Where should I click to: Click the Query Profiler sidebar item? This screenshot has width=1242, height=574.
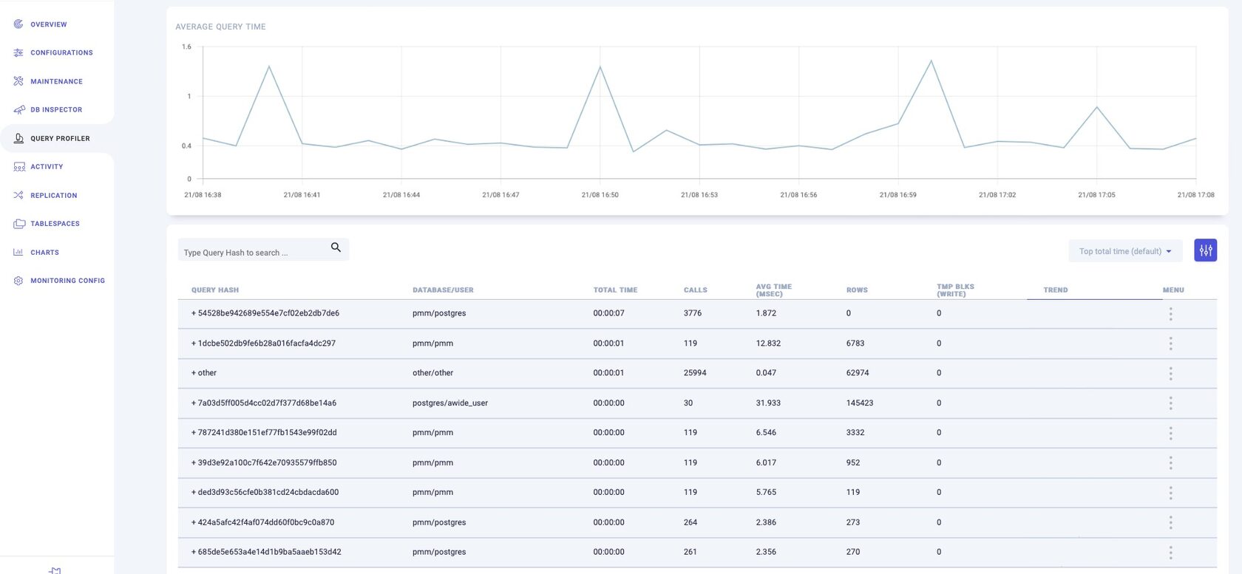(x=59, y=138)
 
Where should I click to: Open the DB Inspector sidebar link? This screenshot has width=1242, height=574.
(x=56, y=109)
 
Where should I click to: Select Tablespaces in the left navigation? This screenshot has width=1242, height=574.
(x=55, y=224)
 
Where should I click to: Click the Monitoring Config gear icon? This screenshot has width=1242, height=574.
(x=18, y=281)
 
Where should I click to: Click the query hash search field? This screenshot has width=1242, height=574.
(x=251, y=252)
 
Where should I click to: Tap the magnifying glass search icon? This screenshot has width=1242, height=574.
(x=336, y=247)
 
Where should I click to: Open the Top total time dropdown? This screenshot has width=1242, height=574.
(x=1124, y=251)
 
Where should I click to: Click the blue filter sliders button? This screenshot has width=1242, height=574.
(x=1205, y=250)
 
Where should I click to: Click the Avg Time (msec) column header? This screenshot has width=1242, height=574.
(x=773, y=290)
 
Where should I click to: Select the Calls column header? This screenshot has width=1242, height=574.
(x=695, y=290)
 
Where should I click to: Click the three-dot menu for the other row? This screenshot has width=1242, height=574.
(x=1170, y=374)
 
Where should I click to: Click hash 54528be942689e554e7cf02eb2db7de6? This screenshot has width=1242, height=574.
(x=268, y=313)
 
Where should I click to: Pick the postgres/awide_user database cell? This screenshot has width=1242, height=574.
(x=450, y=403)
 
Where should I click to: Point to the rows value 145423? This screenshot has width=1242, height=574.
(x=859, y=403)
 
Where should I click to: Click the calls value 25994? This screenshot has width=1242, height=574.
(x=695, y=373)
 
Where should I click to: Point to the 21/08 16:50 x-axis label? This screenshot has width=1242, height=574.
(x=600, y=195)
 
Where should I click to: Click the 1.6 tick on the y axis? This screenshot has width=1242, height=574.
(x=186, y=47)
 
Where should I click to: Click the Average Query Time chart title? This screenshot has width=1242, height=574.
(x=220, y=27)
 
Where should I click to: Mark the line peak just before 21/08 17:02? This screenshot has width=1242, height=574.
(x=931, y=61)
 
